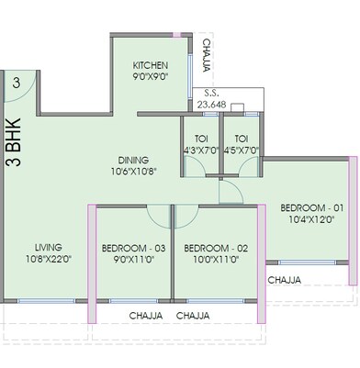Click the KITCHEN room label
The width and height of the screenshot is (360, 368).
click(x=151, y=66)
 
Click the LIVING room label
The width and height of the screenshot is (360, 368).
click(x=49, y=248)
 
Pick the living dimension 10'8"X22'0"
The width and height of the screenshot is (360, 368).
click(x=49, y=261)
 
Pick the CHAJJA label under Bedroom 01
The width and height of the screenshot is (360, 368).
click(x=285, y=279)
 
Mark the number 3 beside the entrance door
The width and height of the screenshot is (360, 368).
click(x=17, y=82)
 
